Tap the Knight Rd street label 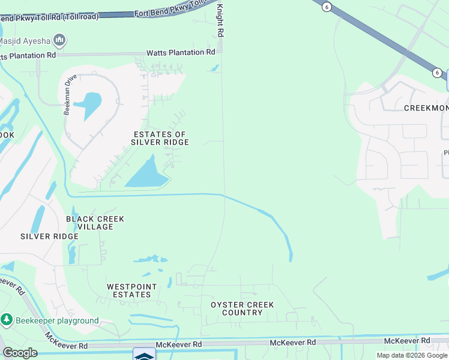point(220,21)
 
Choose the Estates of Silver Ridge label point(160,138)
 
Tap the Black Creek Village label point(95,223)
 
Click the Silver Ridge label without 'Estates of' point(49,236)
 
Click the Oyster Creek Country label point(242,308)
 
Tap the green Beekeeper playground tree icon point(7,320)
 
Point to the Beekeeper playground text point(58,320)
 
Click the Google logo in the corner point(19,353)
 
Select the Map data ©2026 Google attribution point(412,355)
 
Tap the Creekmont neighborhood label point(426,108)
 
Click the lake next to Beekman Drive point(90,104)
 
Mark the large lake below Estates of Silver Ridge point(147,175)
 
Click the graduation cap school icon point(144,355)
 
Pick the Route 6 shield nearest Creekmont point(437,73)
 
